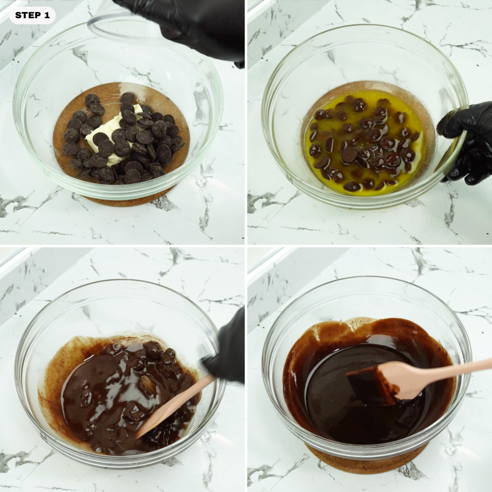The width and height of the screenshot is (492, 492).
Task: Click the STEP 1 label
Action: click(32, 15)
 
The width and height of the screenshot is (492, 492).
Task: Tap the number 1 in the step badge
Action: click(47, 15)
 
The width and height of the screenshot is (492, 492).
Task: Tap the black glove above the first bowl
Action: click(192, 24)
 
